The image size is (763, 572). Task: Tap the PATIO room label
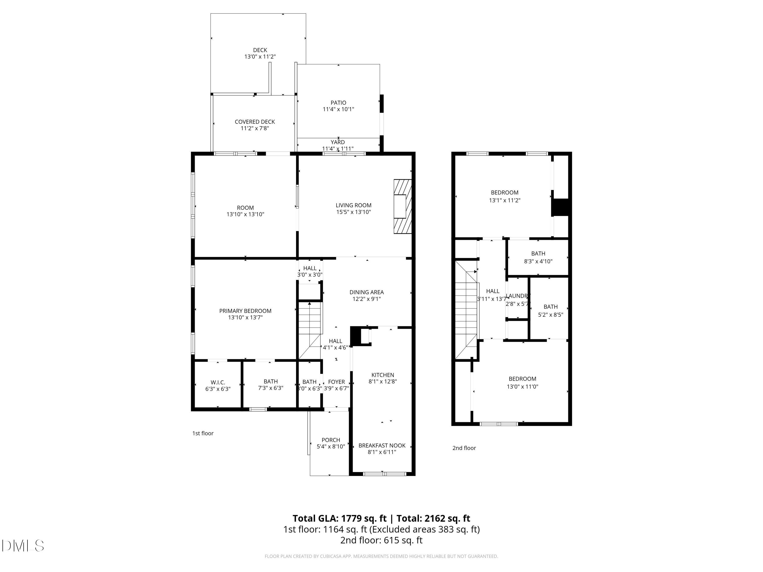click(x=338, y=103)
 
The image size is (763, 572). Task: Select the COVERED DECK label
click(x=255, y=122)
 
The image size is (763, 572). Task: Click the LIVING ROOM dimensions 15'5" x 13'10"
click(x=353, y=212)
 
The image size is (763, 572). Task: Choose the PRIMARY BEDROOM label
click(x=245, y=311)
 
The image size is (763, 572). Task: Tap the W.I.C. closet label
click(x=218, y=382)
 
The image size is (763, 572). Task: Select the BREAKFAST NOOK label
click(x=382, y=445)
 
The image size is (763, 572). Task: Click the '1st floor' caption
click(x=203, y=433)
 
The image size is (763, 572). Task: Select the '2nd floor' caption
click(x=464, y=448)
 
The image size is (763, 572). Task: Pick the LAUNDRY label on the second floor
click(x=517, y=296)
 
